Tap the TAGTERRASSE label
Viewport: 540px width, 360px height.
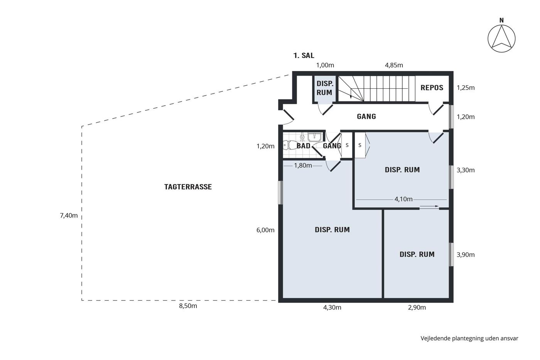188,187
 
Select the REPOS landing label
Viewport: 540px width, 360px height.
432,88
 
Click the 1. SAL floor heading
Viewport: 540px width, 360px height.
304,56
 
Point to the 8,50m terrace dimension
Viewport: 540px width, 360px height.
188,306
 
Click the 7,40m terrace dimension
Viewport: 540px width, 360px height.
69,216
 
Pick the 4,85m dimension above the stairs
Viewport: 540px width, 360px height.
394,65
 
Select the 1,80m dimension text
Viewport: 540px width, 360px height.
303,166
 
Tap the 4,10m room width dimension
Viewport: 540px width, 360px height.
403,199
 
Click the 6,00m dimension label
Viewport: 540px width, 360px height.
265,230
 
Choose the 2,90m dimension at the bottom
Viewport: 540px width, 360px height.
417,308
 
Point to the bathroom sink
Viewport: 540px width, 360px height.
314,137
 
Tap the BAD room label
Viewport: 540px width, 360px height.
303,145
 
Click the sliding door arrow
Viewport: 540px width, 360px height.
429,206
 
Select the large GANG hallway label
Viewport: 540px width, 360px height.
366,117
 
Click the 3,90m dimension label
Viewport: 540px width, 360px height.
466,255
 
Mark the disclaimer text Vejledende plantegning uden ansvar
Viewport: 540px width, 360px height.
469,338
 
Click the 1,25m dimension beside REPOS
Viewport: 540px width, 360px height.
466,88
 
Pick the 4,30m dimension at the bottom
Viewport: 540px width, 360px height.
332,308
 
